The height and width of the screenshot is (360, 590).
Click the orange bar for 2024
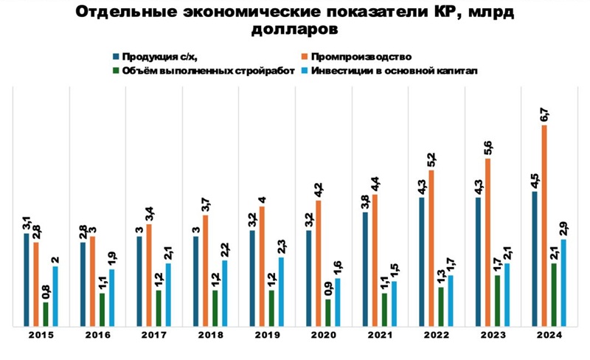pos(544,225)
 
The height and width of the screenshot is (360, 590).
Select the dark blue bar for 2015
pos(27,279)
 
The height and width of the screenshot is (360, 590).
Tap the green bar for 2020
pos(328,312)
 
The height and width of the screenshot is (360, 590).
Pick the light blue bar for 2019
pos(281,291)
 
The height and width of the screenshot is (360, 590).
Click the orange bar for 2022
pos(431,248)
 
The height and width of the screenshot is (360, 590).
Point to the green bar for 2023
pos(498,300)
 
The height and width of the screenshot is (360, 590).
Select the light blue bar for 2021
pos(394,303)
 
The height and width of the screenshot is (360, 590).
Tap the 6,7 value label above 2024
pos(544,114)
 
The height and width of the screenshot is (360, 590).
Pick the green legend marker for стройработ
pos(117,71)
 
